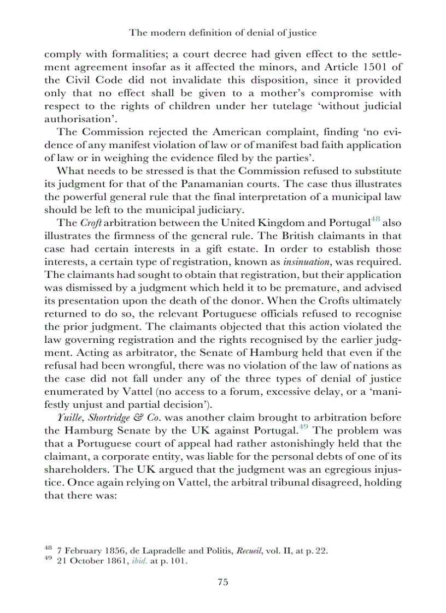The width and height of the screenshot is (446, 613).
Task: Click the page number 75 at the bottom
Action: tap(222, 582)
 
